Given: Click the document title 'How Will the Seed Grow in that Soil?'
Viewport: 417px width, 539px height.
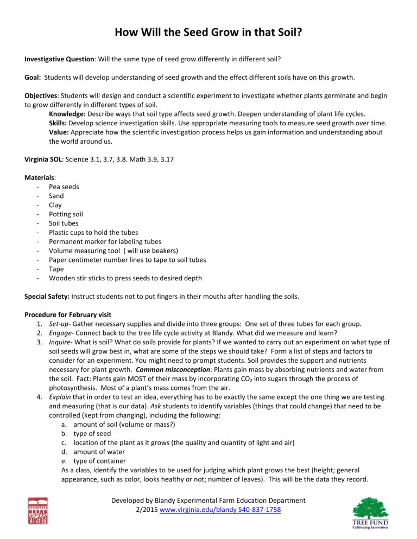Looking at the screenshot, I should pos(208,35).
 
